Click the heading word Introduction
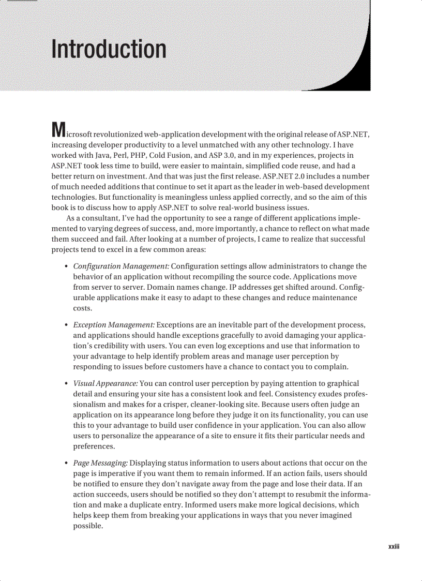tap(109, 49)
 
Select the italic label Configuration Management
tap(120, 266)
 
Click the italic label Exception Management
tap(114, 325)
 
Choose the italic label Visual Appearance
tap(106, 384)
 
